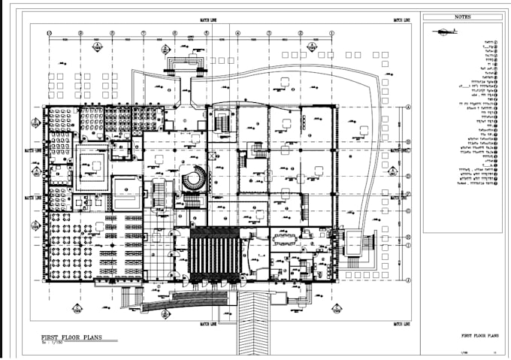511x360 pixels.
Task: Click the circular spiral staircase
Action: point(195,179)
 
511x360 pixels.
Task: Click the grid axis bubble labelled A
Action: point(408,107)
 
